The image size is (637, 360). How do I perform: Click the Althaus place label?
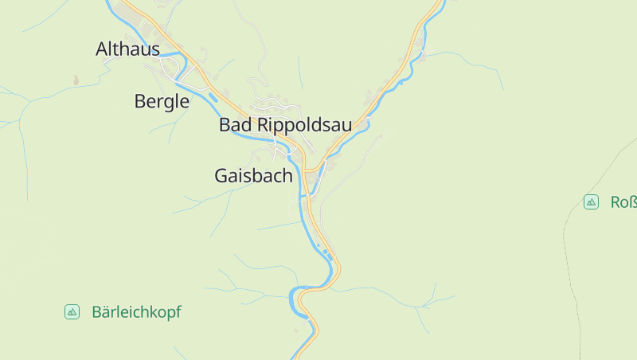point(127,49)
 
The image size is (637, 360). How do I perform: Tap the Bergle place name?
point(162,101)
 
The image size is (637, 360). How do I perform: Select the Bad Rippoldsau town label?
point(285,125)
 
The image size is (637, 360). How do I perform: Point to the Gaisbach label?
point(253,176)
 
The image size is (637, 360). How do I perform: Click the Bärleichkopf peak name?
point(136,312)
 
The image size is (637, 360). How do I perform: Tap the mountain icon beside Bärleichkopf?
point(72,312)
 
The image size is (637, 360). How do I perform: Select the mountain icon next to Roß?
point(591,202)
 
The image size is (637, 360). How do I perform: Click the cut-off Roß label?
point(623,202)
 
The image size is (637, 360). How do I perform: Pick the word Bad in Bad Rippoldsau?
point(235,125)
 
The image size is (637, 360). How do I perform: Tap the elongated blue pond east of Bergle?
point(213,98)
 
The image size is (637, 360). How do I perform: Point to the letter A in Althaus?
point(101,49)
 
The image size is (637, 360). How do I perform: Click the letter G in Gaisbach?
point(222,176)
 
